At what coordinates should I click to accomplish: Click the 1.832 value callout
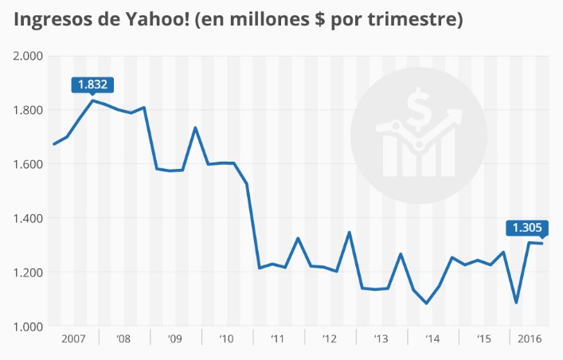(x=93, y=84)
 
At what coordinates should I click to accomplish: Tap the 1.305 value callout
(x=527, y=227)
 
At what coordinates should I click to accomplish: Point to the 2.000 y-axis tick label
(x=28, y=56)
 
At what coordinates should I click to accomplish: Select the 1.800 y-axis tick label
(x=28, y=110)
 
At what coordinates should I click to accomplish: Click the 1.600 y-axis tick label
(x=28, y=164)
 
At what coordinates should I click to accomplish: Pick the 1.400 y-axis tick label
(x=28, y=218)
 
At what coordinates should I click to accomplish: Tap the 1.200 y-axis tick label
(x=28, y=272)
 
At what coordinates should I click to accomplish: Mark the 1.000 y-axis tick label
(x=28, y=327)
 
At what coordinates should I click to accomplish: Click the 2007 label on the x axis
(x=73, y=338)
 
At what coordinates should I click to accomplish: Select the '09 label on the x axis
(x=175, y=338)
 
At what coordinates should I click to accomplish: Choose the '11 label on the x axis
(x=278, y=338)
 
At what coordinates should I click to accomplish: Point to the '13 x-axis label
(x=381, y=338)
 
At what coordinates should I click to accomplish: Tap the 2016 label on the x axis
(x=529, y=338)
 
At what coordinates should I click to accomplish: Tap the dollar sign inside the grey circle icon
(x=417, y=109)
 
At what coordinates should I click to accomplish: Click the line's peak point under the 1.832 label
(x=93, y=100)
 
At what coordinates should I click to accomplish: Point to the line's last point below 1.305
(x=542, y=243)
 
